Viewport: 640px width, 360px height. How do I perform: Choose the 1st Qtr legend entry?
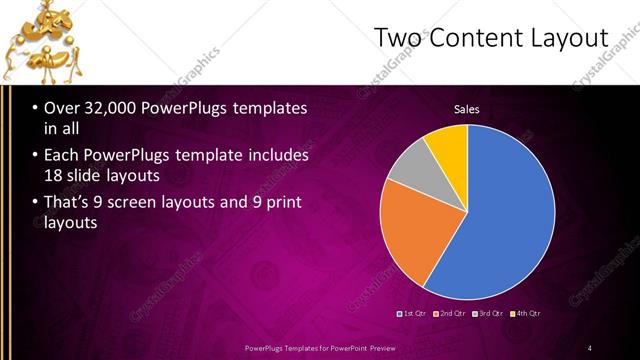tap(414, 313)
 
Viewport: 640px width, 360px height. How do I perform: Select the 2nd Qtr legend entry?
tap(451, 313)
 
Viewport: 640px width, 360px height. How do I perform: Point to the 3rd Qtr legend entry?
tap(489, 313)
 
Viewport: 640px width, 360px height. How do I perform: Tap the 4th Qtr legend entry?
tap(526, 313)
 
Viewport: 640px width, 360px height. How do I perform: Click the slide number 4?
tap(590, 347)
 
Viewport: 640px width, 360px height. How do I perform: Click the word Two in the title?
tap(398, 38)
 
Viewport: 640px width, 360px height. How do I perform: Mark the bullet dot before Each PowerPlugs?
tap(34, 156)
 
